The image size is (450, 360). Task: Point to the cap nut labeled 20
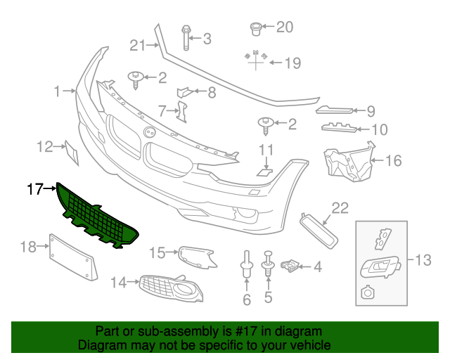point(257,29)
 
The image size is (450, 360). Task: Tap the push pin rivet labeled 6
point(246,264)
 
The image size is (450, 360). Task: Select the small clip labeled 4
point(290,266)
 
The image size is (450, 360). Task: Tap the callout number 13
point(422,261)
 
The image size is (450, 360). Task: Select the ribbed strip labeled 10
point(345,128)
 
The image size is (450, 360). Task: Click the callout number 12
point(45,146)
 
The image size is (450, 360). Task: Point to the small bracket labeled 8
point(184,91)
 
